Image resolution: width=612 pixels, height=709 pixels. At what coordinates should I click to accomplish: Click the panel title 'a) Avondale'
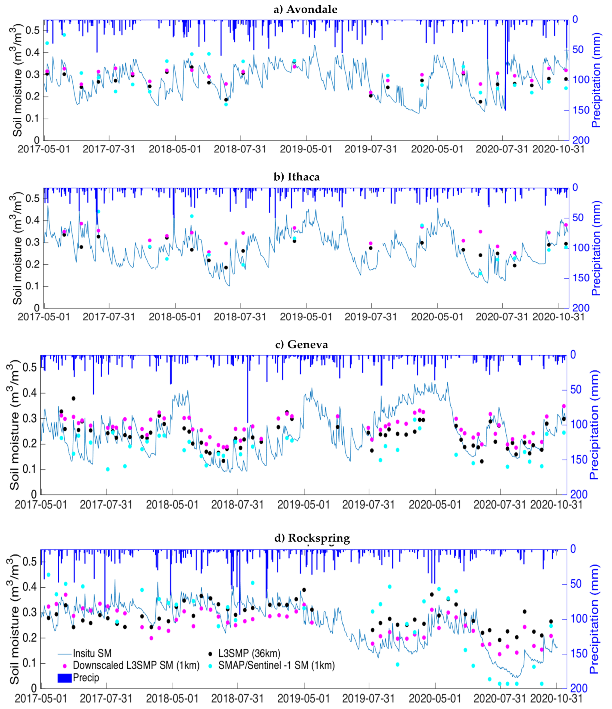[305, 9]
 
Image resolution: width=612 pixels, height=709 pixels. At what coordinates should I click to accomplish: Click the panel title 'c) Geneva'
[301, 344]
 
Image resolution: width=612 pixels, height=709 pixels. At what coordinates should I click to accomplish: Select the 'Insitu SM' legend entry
[92, 653]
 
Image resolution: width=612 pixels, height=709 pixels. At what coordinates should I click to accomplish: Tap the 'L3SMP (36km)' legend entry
[249, 653]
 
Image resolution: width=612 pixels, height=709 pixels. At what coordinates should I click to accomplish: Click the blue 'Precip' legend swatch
[64, 678]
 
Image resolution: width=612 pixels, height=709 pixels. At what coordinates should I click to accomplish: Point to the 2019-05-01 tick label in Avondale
[306, 150]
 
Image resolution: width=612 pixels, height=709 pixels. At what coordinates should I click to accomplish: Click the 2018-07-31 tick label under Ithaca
[240, 317]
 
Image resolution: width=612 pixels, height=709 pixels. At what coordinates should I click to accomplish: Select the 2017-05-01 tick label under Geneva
[41, 505]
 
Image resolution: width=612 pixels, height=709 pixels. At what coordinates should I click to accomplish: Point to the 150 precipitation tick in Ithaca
[581, 278]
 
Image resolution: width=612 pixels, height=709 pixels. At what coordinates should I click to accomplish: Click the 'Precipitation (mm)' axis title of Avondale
[596, 80]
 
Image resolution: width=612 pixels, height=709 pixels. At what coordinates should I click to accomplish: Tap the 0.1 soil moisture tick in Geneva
[30, 469]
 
